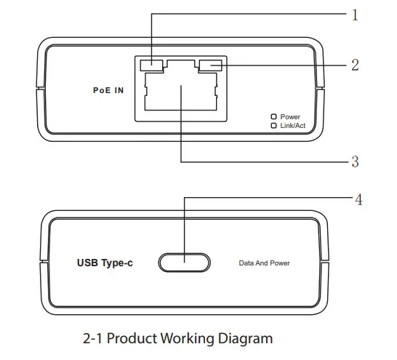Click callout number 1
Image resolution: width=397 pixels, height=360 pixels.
[x=355, y=15]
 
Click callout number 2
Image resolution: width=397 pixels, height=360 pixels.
[x=355, y=65]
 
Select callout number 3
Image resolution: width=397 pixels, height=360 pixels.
[x=355, y=161]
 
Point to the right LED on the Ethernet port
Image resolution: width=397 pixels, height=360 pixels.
[x=210, y=66]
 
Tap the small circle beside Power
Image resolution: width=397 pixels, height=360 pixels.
[x=273, y=116]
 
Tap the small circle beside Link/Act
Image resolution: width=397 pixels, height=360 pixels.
[x=273, y=125]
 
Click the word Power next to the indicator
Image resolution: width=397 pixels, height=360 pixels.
[x=290, y=116]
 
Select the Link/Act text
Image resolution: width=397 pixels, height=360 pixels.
[x=293, y=125]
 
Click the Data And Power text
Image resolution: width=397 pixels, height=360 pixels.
[x=269, y=262]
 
